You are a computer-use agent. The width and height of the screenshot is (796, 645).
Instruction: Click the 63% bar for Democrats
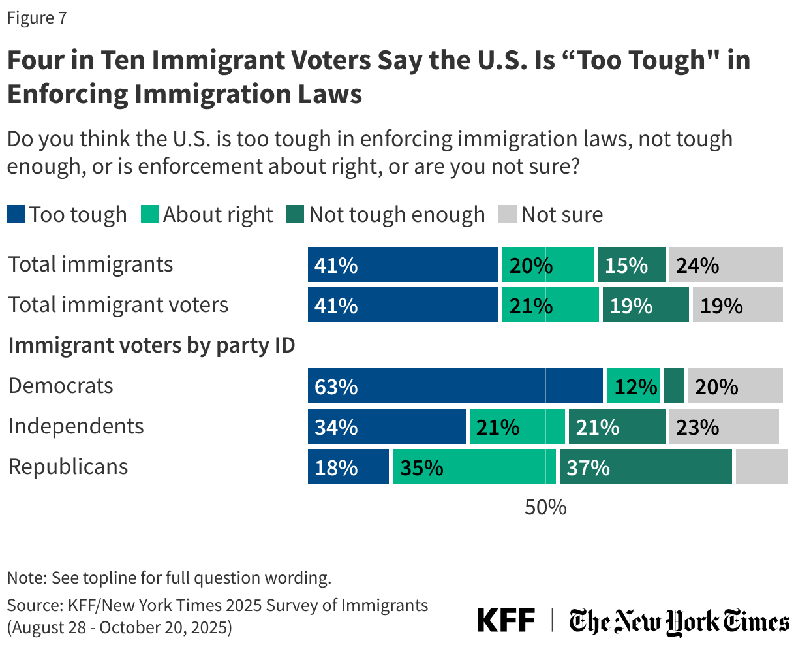tap(455, 386)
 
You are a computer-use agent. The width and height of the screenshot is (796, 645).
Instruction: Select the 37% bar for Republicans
tap(645, 467)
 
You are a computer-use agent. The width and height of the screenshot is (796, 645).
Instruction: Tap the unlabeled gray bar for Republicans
tap(761, 467)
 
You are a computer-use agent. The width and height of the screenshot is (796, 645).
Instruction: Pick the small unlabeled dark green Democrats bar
tap(674, 386)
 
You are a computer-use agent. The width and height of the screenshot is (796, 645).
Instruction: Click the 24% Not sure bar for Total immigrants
tap(726, 264)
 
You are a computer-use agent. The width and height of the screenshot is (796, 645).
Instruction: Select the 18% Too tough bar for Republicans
tap(348, 467)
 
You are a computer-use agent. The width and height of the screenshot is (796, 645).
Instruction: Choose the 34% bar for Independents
tap(387, 426)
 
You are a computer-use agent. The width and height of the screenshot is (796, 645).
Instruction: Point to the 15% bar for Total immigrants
tap(631, 264)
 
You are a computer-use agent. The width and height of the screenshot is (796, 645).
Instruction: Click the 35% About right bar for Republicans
tap(474, 467)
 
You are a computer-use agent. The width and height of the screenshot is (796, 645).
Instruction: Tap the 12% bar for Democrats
tap(633, 386)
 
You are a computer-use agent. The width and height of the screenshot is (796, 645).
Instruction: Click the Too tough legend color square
tap(16, 214)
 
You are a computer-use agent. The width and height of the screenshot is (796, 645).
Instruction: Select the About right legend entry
tap(207, 214)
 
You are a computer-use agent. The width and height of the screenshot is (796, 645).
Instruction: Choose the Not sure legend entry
tap(551, 214)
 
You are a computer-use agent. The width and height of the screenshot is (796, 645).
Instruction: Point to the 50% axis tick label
tap(545, 507)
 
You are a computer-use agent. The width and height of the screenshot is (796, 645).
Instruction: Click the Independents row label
tap(76, 426)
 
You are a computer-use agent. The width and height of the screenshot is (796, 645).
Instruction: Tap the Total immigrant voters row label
tap(118, 305)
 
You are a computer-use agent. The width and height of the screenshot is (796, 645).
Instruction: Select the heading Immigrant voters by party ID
tap(151, 345)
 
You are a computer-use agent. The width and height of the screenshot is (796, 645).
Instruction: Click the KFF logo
tap(506, 620)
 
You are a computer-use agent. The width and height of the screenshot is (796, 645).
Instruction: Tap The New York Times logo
tap(679, 621)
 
